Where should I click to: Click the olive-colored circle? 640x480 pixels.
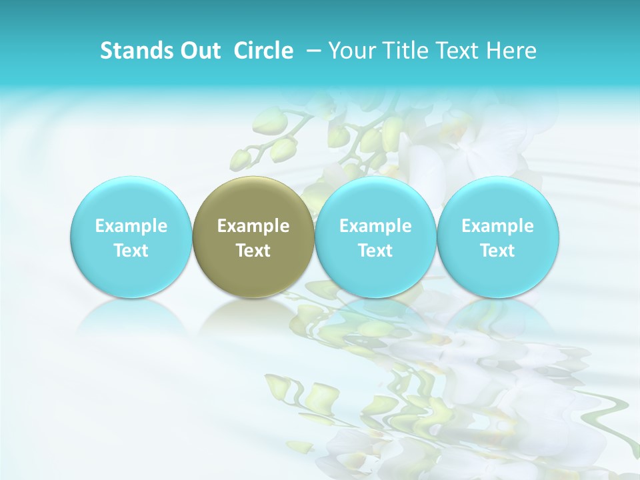tap(253, 200)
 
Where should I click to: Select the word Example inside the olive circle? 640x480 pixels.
tap(253, 226)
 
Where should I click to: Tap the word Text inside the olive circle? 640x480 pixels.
tap(253, 251)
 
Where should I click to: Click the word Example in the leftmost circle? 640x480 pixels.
tap(131, 226)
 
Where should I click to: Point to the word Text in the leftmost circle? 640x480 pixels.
tap(131, 251)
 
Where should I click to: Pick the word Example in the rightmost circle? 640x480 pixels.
tap(498, 226)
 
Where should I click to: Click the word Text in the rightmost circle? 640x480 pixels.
tap(498, 251)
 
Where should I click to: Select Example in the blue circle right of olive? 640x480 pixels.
tap(375, 226)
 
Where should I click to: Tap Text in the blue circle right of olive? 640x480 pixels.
tap(375, 251)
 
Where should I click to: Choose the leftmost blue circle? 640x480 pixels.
tap(131, 200)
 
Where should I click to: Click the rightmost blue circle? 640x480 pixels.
tap(498, 200)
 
